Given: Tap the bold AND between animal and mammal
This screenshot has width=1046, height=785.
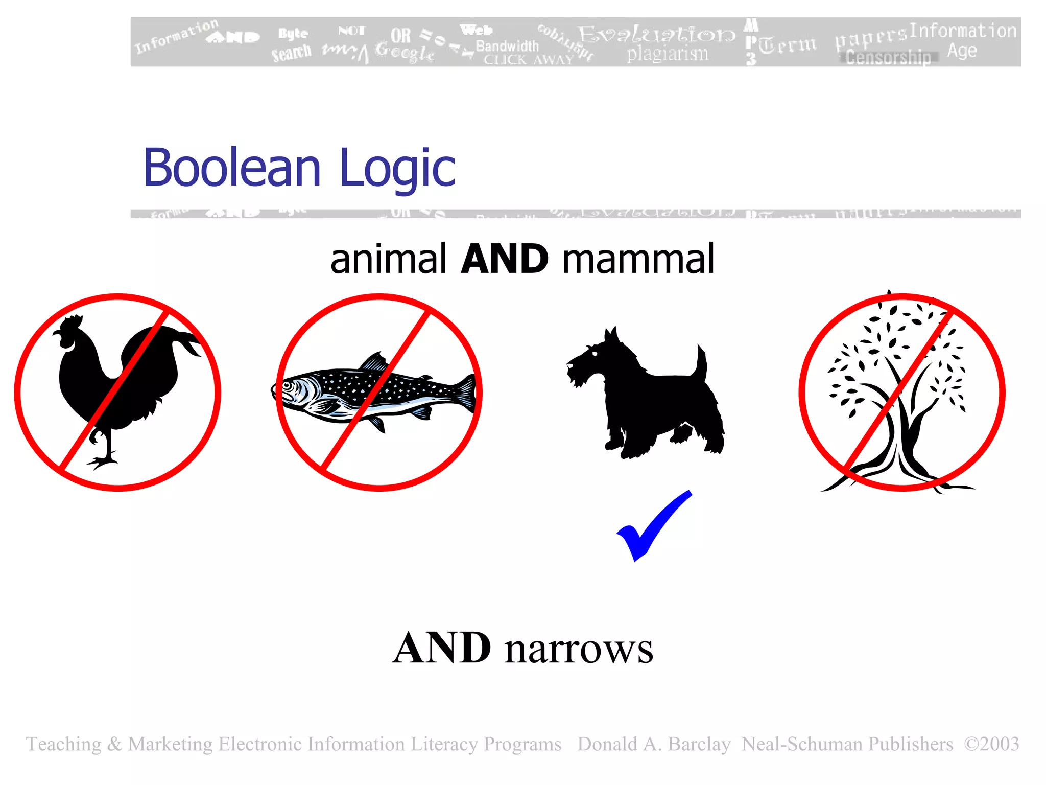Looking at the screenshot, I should (504, 259).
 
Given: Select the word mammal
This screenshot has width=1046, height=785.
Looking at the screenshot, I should (638, 259).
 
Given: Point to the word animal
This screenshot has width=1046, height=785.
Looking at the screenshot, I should (388, 259).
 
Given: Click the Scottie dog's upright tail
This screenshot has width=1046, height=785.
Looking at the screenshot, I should (702, 363).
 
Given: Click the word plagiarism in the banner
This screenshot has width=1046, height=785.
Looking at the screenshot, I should (668, 54).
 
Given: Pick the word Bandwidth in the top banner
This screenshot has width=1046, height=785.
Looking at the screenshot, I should (507, 46).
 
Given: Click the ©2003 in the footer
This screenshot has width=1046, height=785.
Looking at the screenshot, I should (991, 744).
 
